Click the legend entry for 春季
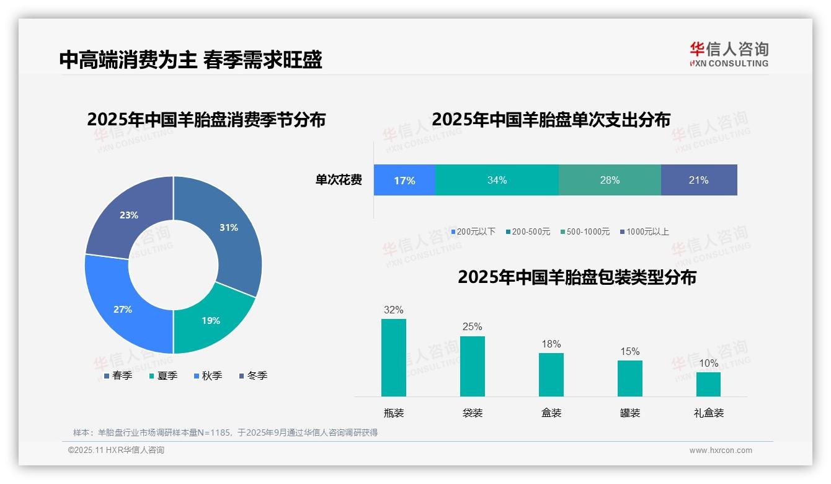point(118,375)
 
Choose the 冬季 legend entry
point(253,375)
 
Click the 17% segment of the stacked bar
point(404,180)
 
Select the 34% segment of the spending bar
point(497,180)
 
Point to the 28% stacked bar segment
point(610,180)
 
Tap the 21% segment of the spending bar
point(699,180)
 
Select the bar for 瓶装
point(394,357)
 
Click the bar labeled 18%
point(551,374)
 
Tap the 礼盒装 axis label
point(708,413)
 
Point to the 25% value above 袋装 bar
point(472,326)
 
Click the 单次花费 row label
point(339,180)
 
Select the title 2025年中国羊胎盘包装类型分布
point(577,277)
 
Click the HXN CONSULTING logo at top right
point(729,54)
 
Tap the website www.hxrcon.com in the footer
point(721,450)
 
